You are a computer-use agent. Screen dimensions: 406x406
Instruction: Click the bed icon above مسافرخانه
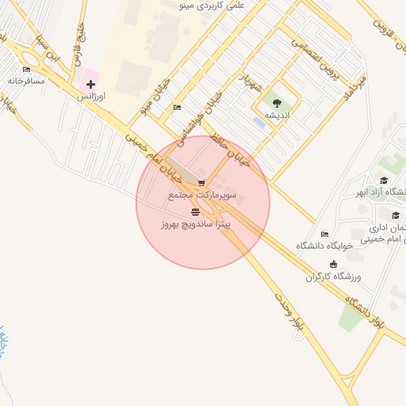(x=26, y=70)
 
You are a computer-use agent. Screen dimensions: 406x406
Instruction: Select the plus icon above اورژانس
(x=90, y=84)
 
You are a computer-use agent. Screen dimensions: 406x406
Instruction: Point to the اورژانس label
(x=90, y=96)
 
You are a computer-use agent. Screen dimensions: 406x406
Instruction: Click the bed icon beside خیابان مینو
(x=177, y=107)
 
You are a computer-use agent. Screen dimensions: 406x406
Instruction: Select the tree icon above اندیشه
(x=276, y=103)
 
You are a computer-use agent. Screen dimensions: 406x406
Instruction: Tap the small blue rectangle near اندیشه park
(x=259, y=122)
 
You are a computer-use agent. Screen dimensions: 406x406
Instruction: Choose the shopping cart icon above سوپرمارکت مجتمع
(x=201, y=182)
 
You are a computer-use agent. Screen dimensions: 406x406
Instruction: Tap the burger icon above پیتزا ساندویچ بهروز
(x=195, y=212)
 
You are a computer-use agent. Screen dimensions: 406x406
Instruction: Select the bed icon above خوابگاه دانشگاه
(x=324, y=234)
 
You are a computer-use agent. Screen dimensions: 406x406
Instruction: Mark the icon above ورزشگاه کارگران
(x=333, y=264)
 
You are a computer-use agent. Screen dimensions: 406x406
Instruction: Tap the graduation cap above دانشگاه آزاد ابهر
(x=384, y=181)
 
